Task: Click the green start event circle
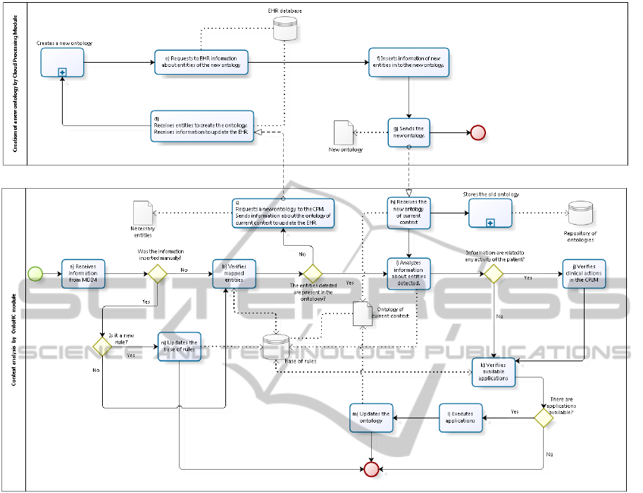tap(33, 273)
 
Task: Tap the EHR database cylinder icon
tap(283, 28)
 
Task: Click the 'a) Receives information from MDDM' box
tap(82, 273)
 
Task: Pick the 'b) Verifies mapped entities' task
tap(234, 273)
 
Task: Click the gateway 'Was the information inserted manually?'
tap(156, 273)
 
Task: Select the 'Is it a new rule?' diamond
tap(103, 347)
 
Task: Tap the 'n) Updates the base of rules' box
tap(179, 347)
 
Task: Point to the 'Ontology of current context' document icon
tap(361, 314)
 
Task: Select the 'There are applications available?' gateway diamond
tap(543, 418)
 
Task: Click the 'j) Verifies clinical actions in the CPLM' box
tap(584, 273)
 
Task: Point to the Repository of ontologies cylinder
tap(580, 213)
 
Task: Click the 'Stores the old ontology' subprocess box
tap(490, 213)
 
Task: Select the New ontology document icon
tap(344, 132)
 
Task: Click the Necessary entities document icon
tap(143, 212)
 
